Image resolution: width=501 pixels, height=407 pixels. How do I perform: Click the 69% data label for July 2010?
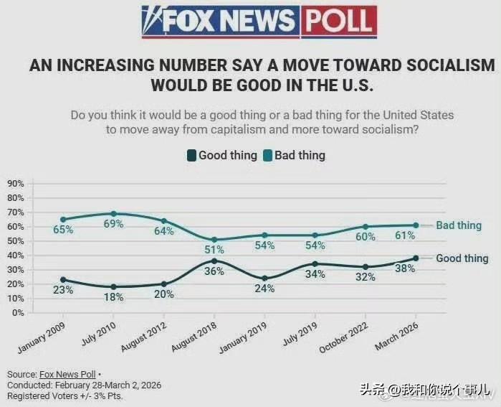(113, 224)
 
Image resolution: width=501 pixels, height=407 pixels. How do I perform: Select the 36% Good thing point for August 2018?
(214, 261)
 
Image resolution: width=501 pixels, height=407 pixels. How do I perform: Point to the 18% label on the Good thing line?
(113, 297)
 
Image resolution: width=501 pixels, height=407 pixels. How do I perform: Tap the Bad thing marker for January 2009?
(63, 220)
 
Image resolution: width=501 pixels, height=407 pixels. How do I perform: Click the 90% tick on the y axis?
(16, 184)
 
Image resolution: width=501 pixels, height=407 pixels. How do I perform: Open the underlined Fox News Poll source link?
(67, 375)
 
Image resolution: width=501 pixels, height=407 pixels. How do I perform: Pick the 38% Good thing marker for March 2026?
(416, 258)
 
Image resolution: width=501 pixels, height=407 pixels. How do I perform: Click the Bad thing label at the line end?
(459, 225)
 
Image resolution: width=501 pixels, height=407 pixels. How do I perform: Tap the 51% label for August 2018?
(214, 250)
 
